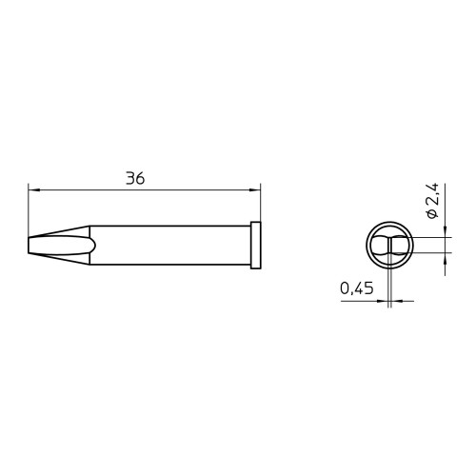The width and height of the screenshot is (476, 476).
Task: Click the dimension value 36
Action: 135,178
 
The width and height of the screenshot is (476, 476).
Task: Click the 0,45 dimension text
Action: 357,288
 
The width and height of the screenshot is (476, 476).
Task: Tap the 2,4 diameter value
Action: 432,194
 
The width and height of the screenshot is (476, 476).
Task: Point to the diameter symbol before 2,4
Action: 431,214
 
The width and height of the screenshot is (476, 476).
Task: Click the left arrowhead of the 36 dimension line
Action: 33,190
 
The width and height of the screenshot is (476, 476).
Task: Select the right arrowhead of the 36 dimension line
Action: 254,190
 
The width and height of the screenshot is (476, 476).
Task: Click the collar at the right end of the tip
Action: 255,246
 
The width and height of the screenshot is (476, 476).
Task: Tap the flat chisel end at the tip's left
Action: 29,246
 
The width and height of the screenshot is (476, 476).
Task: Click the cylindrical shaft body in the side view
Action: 170,245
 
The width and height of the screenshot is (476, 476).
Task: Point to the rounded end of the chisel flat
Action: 93,246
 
